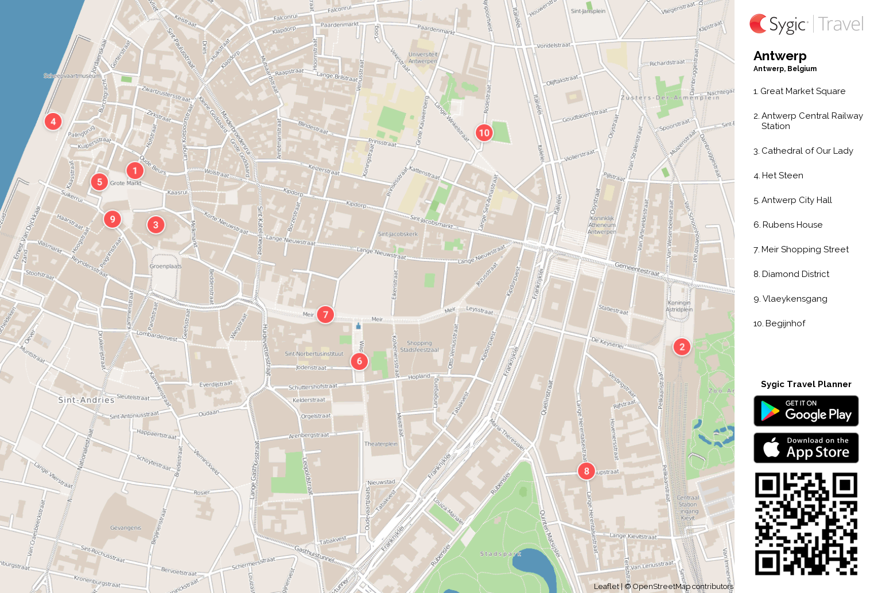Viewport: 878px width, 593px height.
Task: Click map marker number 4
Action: coord(53,121)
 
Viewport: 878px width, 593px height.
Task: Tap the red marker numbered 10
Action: coord(484,132)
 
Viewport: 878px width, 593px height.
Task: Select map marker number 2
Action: coord(682,346)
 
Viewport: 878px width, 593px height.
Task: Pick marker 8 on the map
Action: coord(586,471)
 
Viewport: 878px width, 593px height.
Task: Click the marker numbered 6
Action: coord(359,361)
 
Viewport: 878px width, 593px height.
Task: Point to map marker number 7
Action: coord(325,314)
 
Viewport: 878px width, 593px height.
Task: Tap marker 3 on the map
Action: coord(156,225)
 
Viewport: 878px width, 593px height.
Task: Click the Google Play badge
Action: coord(806,411)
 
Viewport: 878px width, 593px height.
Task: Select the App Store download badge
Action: coord(806,447)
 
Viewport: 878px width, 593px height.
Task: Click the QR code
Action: coord(806,523)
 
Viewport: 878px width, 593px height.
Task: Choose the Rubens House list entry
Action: coord(792,225)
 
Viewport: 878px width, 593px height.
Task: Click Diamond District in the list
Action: coord(795,274)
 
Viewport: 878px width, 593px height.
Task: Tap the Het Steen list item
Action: coord(782,175)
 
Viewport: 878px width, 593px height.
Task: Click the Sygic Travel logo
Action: coord(806,24)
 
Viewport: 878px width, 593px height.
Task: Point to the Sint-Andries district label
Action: coord(86,400)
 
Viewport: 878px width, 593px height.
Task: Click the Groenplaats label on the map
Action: coord(165,266)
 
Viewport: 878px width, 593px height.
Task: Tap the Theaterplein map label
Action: coord(380,444)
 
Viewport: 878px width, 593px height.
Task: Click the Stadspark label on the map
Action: coord(500,554)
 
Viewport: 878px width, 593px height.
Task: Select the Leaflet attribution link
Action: coord(606,586)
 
